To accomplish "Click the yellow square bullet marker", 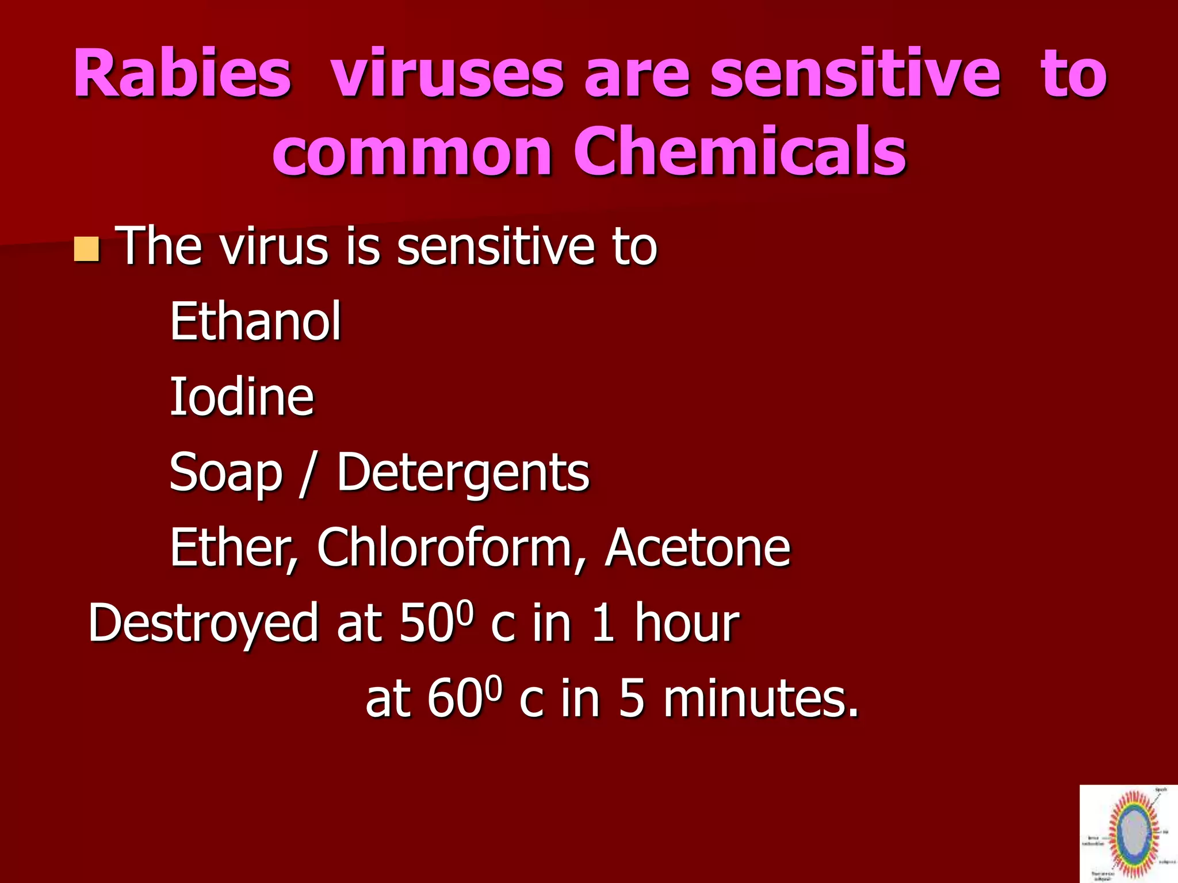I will point(86,249).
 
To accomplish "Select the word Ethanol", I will point(255,321).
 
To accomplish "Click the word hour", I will point(686,623).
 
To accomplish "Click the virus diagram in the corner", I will point(1128,834).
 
